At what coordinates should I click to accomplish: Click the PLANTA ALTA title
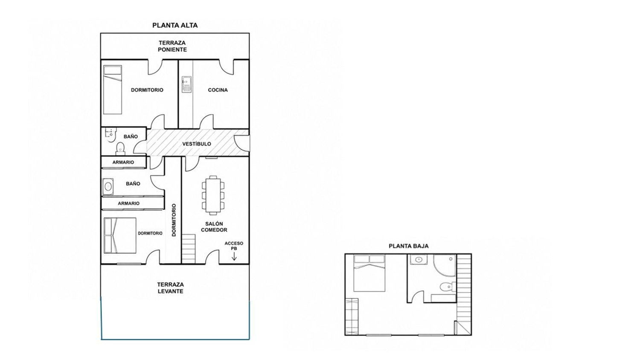(x=175, y=26)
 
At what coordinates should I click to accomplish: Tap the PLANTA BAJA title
(x=409, y=246)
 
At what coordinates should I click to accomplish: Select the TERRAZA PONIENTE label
(x=172, y=46)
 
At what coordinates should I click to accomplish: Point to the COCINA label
(x=218, y=90)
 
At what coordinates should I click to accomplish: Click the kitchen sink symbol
(x=186, y=84)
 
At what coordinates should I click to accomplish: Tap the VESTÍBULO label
(x=197, y=144)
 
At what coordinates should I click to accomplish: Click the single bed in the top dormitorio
(x=113, y=90)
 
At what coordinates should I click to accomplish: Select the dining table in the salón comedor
(x=213, y=195)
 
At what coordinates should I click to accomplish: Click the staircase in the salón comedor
(x=189, y=249)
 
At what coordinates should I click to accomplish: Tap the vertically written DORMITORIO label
(x=174, y=220)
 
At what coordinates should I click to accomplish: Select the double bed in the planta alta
(x=120, y=235)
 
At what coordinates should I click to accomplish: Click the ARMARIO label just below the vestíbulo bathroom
(x=123, y=162)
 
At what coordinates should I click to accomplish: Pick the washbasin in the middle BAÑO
(x=108, y=187)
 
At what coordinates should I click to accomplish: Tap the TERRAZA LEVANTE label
(x=170, y=288)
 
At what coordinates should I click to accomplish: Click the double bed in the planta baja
(x=369, y=273)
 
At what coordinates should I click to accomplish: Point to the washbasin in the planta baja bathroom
(x=419, y=260)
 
